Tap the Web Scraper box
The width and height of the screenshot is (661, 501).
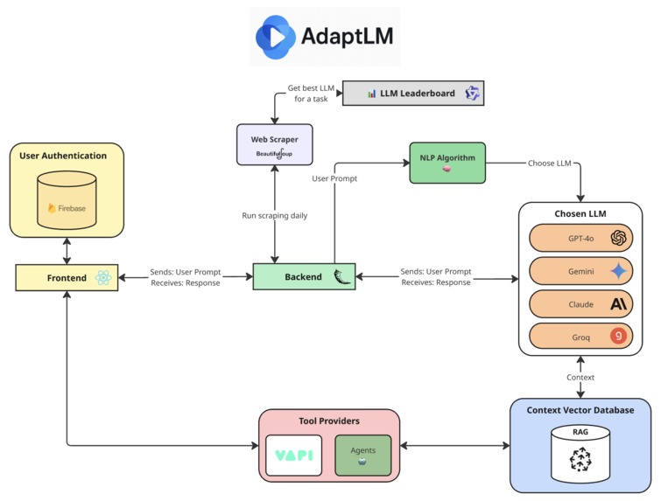[x=275, y=144]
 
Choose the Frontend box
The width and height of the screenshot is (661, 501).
[x=67, y=277]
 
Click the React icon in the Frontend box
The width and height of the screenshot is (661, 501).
[x=103, y=277]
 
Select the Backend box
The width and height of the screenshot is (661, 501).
[x=303, y=276]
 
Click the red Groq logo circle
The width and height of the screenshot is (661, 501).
[x=619, y=336]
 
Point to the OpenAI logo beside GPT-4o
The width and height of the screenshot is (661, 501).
[x=619, y=238]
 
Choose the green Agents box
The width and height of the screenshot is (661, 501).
[x=363, y=455]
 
